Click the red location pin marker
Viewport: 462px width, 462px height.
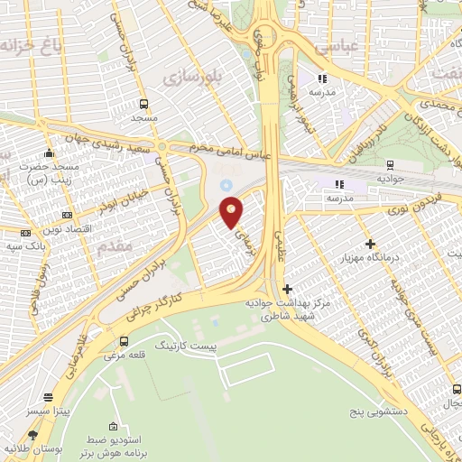click(x=233, y=212)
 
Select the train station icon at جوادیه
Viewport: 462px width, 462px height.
click(x=390, y=164)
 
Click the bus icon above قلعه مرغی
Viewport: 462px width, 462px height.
click(x=124, y=341)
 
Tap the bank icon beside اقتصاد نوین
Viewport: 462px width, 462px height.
click(x=69, y=215)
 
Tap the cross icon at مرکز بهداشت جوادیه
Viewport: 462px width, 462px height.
click(x=287, y=290)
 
